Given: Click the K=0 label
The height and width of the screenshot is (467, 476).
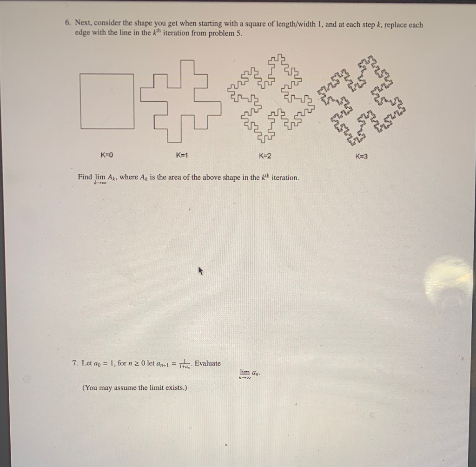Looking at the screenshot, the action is pos(106,155).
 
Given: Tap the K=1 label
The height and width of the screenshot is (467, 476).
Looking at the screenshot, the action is pos(182,155).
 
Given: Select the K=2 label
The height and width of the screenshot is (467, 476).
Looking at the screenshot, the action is pos(265,156).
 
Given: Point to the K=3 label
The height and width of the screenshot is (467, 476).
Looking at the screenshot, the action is pos(361,157).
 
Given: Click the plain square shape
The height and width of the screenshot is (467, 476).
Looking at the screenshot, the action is pos(80,101).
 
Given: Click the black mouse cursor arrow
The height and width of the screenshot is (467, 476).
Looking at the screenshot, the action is pos(200,270).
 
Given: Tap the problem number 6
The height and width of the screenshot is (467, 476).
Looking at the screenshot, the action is pos(68,22).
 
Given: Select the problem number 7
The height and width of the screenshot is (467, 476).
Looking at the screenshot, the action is pos(75,363).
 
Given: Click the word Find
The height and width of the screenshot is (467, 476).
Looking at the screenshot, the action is pos(85,177).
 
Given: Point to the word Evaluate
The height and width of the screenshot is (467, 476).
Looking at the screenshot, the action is pos(208,363).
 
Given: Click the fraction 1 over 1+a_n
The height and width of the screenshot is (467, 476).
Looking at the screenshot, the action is pos(185,364).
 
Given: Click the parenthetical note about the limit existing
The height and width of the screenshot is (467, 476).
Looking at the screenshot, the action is pos(135,388).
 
